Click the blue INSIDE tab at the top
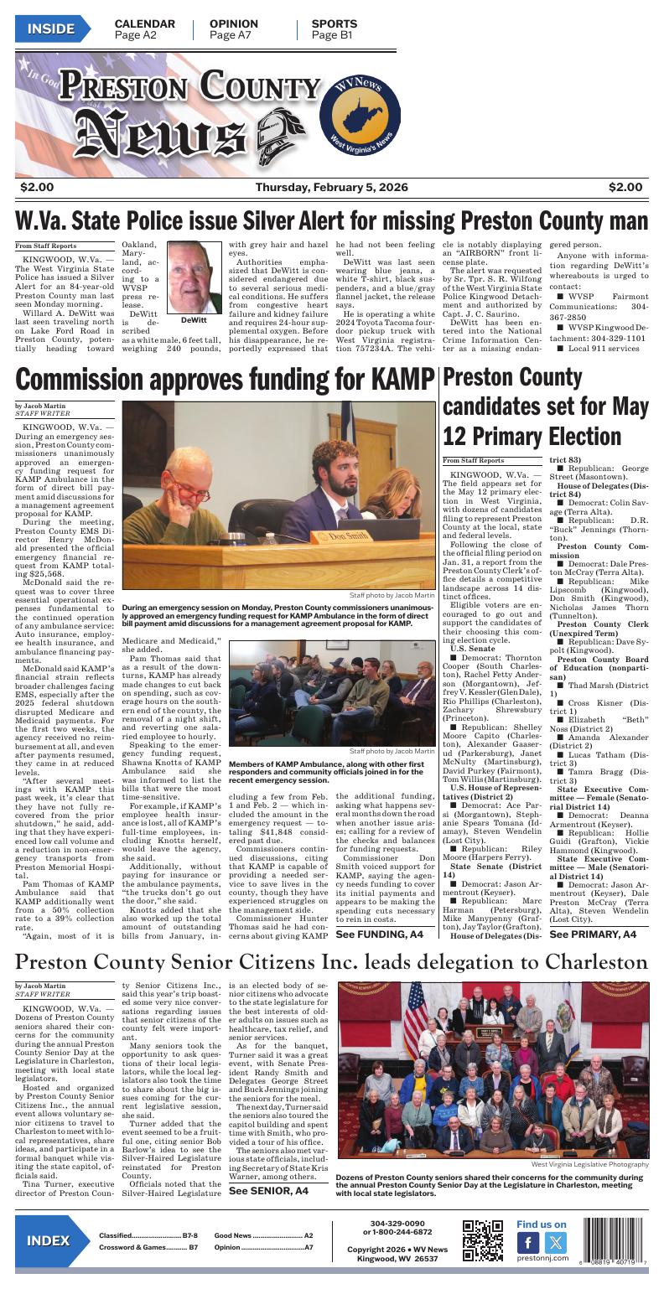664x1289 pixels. point(51,29)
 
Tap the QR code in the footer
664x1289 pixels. point(482,1240)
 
